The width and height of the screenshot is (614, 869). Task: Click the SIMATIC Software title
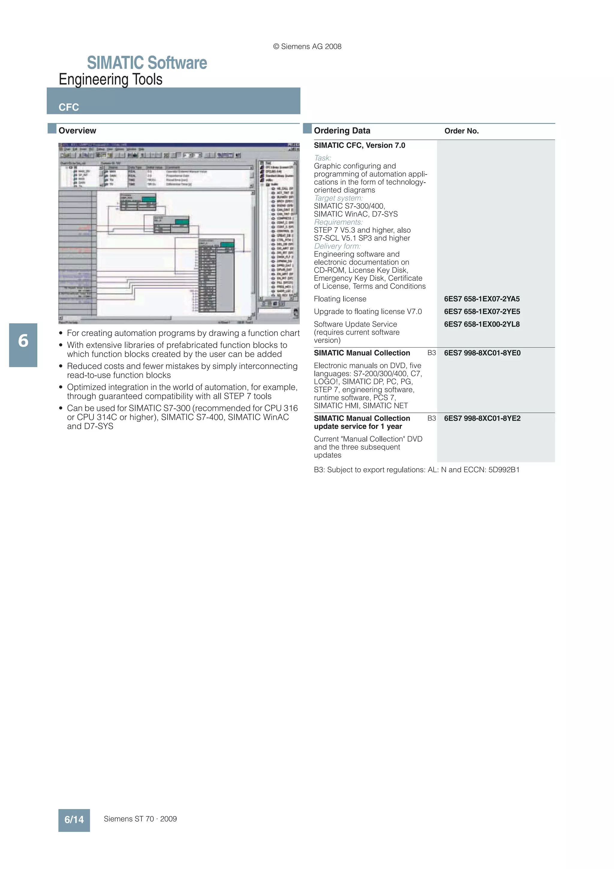tap(147, 63)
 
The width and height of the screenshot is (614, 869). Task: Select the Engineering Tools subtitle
tap(110, 79)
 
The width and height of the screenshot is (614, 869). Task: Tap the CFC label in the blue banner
tap(69, 107)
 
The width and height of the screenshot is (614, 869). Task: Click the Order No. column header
tap(461, 131)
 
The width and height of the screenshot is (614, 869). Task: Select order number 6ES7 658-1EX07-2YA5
tap(481, 299)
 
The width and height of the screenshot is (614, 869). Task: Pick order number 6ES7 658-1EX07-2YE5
tap(481, 311)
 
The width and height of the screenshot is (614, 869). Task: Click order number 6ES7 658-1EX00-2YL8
tap(481, 324)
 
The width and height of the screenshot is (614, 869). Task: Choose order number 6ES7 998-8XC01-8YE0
tap(482, 353)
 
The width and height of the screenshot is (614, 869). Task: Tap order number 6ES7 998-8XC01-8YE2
tap(482, 418)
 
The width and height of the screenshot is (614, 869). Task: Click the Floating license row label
tap(340, 299)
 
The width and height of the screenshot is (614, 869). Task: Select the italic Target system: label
tap(338, 198)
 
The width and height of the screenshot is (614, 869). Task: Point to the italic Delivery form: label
tap(337, 246)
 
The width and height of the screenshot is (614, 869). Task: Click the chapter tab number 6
tap(23, 341)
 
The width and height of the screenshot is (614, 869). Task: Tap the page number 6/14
tap(74, 820)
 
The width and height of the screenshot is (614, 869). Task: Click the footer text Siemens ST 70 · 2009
tap(140, 819)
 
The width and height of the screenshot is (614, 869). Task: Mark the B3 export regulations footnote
tap(416, 470)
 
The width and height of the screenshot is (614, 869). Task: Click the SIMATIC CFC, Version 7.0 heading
tap(359, 145)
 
